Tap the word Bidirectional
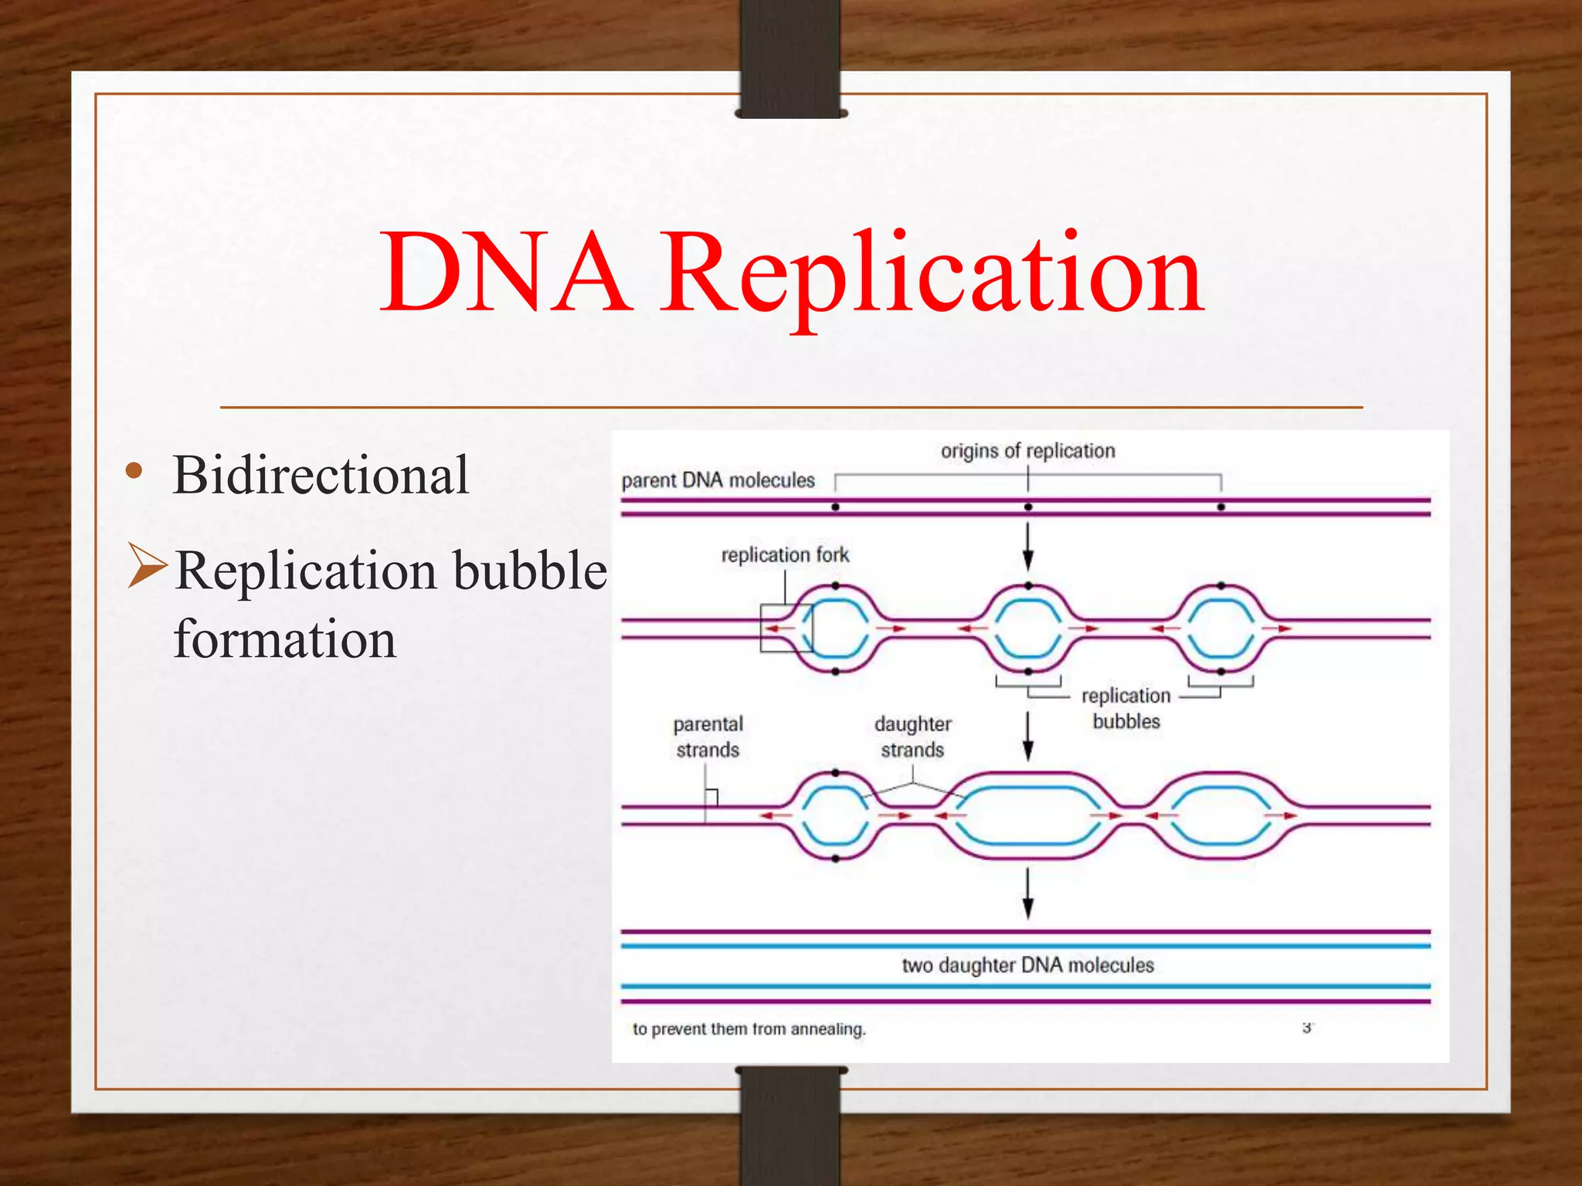321,475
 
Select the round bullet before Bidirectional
134,471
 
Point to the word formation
285,639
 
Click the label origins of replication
1027,451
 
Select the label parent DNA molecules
718,480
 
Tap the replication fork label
785,554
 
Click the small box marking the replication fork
786,629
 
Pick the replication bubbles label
1126,708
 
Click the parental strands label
708,737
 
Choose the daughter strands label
912,737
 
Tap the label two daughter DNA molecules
1027,965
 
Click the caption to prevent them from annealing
749,1029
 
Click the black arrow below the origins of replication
1028,547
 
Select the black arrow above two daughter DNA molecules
1028,893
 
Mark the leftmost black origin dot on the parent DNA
835,507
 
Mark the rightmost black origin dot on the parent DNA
1220,507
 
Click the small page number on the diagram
1307,1028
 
